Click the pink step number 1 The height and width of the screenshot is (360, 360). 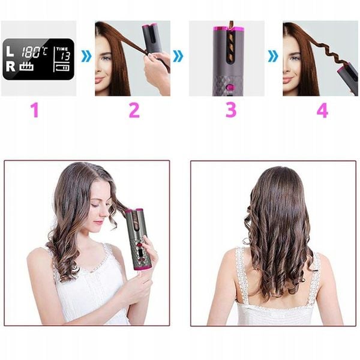click(x=35, y=110)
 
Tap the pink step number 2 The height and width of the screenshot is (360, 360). click(x=134, y=110)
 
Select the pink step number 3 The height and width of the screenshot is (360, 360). click(x=231, y=110)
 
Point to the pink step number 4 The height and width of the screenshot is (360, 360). click(x=322, y=110)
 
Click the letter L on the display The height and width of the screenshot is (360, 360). click(x=10, y=51)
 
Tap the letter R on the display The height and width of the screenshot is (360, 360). click(x=11, y=66)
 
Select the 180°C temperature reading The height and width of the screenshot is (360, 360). click(x=34, y=52)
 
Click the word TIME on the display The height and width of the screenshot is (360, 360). click(x=62, y=49)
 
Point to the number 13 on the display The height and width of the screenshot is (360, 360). click(x=65, y=56)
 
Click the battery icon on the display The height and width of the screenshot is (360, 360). click(x=62, y=68)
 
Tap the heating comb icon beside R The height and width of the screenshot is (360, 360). click(x=26, y=66)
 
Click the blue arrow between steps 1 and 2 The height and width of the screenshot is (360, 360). click(x=86, y=56)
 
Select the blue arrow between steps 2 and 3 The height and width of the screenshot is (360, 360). click(x=178, y=56)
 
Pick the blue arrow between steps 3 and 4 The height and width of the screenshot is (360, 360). click(x=273, y=56)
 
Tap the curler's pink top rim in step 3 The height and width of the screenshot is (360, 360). click(x=229, y=29)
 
